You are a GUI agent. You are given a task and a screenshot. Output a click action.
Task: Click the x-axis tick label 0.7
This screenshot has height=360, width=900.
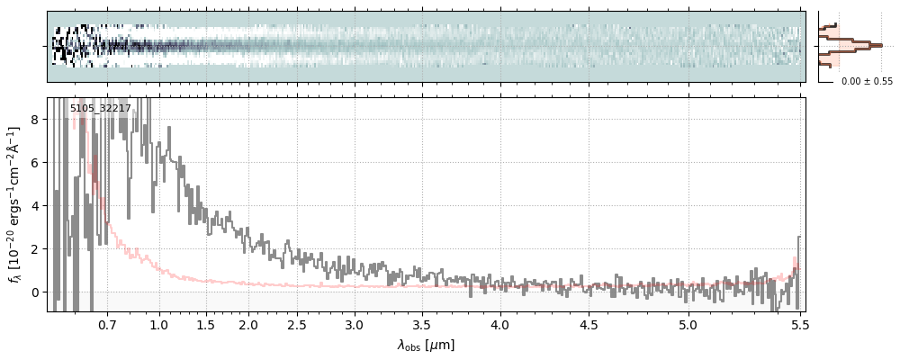(x=107, y=324)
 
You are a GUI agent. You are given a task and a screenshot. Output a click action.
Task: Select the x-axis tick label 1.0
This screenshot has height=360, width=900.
(x=159, y=324)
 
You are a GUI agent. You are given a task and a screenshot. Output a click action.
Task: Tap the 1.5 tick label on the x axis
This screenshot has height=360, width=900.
(x=205, y=324)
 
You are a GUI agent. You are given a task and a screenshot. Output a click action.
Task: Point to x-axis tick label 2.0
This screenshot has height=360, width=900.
(x=248, y=324)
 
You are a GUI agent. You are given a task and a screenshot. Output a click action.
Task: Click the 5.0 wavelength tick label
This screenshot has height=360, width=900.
(x=688, y=324)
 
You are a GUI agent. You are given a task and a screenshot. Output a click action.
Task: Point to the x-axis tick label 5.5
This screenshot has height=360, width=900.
(x=797, y=324)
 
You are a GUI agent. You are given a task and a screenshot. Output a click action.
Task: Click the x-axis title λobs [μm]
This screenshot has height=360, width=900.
(x=426, y=345)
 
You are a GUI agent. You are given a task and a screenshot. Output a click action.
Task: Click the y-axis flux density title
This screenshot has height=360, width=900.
(x=15, y=204)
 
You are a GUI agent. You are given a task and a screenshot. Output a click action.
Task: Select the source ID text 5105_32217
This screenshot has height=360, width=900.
(x=101, y=108)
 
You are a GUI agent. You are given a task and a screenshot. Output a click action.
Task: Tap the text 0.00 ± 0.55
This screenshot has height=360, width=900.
(x=867, y=81)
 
